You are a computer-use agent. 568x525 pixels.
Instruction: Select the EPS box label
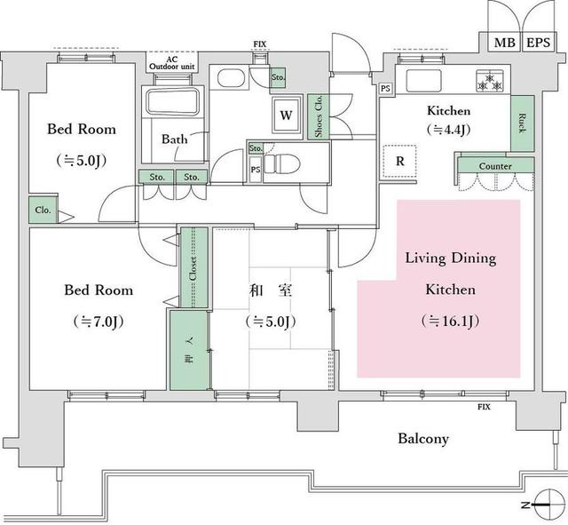pyautogui.click(x=537, y=43)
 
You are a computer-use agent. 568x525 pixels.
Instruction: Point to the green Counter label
pyautogui.click(x=494, y=166)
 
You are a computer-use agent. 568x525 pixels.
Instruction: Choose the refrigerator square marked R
pyautogui.click(x=400, y=162)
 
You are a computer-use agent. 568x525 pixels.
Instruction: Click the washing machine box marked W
pyautogui.click(x=286, y=115)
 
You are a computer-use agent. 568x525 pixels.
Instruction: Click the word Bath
pyautogui.click(x=174, y=139)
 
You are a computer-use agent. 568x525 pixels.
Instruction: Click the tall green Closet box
pyautogui.click(x=193, y=268)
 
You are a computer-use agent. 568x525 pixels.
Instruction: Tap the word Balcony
pyautogui.click(x=422, y=439)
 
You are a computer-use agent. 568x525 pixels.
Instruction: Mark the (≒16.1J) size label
pyautogui.click(x=438, y=322)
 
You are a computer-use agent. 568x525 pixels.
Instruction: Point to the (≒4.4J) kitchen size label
pyautogui.click(x=449, y=129)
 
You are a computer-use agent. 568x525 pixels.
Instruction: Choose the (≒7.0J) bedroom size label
pyautogui.click(x=98, y=322)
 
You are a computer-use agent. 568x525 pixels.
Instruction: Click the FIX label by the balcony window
pyautogui.click(x=484, y=407)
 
